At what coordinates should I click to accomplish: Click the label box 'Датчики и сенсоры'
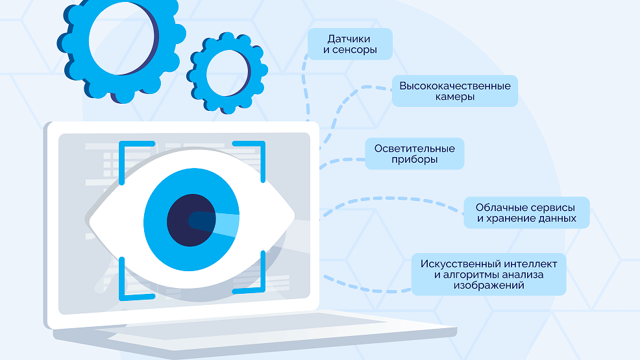(x=350, y=44)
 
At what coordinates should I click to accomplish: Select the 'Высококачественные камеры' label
(x=454, y=91)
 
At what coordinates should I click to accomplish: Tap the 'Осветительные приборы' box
(x=414, y=154)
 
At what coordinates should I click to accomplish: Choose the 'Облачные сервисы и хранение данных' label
(x=526, y=213)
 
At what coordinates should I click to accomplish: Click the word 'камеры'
(x=454, y=97)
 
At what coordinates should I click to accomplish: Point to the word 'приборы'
(x=414, y=160)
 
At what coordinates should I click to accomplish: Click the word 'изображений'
(x=489, y=285)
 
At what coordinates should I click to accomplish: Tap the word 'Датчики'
(x=350, y=38)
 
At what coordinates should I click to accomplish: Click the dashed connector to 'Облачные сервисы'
(x=389, y=200)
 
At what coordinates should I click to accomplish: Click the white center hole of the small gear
(x=227, y=73)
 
